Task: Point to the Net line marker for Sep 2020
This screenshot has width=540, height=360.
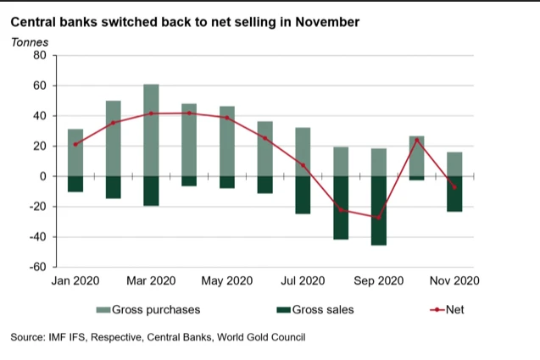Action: pyautogui.click(x=379, y=218)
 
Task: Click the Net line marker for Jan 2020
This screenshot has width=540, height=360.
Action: pyautogui.click(x=75, y=145)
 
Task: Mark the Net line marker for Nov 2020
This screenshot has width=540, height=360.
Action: pyautogui.click(x=454, y=187)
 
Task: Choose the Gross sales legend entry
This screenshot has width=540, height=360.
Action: pyautogui.click(x=314, y=310)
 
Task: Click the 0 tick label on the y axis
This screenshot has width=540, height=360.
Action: pyautogui.click(x=42, y=176)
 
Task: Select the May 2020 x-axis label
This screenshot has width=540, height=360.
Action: pyautogui.click(x=228, y=281)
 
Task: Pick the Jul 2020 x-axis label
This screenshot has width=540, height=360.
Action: pyautogui.click(x=303, y=281)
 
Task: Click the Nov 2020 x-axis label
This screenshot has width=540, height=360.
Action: pyautogui.click(x=454, y=281)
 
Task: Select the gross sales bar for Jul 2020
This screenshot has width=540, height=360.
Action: pyautogui.click(x=303, y=195)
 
